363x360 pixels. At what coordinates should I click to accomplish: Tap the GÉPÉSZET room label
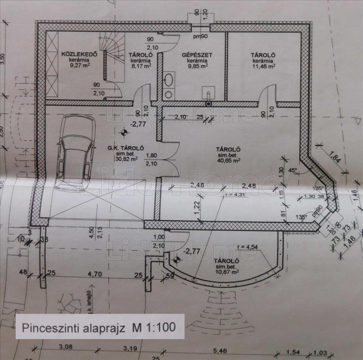click(197, 55)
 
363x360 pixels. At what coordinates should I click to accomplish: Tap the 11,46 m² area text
click(264, 66)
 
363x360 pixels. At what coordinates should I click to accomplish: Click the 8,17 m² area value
click(141, 66)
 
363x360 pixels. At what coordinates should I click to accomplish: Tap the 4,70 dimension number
click(95, 274)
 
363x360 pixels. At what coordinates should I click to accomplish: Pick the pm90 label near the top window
click(200, 36)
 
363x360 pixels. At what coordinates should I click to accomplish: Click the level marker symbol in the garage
click(124, 133)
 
